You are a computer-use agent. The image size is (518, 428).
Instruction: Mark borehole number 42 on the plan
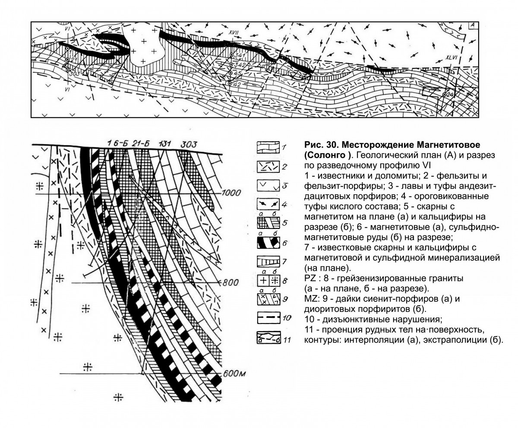pyautogui.click(x=236, y=84)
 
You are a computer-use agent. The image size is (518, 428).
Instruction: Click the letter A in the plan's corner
pyautogui.click(x=473, y=25)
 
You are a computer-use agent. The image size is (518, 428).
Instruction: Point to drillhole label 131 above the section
pyautogui.click(x=166, y=143)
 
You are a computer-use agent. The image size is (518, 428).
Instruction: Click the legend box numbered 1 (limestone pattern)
pyautogui.click(x=268, y=148)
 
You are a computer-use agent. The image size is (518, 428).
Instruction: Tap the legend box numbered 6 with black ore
pyautogui.click(x=268, y=243)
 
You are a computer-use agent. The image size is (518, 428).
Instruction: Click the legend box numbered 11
pyautogui.click(x=268, y=338)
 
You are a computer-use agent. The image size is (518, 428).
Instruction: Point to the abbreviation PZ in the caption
pyautogui.click(x=310, y=279)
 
